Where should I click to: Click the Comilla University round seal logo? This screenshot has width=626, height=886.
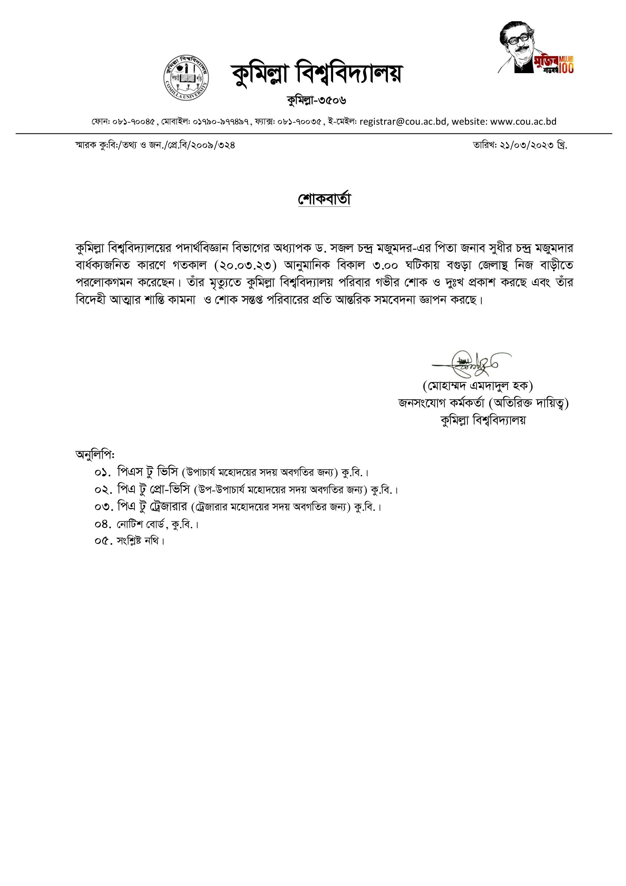186,78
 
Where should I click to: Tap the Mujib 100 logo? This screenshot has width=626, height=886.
537,48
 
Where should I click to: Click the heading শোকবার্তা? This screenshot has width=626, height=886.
324,199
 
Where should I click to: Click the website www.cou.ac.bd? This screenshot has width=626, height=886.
523,122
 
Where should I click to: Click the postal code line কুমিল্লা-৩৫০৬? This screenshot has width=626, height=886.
316,101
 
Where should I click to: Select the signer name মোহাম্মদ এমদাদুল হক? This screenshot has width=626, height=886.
478,385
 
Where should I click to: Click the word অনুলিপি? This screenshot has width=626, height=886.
95,455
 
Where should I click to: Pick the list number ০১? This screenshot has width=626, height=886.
103,472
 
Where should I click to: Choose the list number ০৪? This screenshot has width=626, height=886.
103,524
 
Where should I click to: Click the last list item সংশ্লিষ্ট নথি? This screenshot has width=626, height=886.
141,541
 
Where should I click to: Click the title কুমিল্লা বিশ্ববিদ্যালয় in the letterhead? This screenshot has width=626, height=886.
316,73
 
